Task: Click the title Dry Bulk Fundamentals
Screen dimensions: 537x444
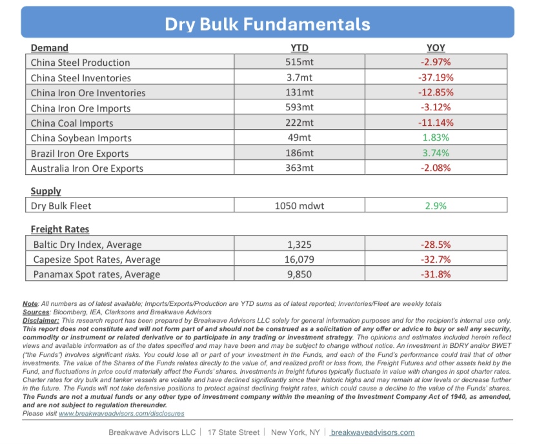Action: tap(267, 25)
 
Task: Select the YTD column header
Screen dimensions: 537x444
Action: tap(299, 48)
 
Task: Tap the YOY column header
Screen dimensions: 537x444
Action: tap(436, 48)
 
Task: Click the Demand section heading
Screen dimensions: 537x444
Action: tap(49, 48)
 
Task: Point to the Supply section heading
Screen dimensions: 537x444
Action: tap(46, 191)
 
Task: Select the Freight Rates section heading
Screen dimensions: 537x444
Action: tap(60, 229)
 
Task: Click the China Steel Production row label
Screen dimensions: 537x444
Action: tap(81, 63)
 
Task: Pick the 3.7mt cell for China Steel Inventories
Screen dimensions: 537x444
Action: tap(299, 77)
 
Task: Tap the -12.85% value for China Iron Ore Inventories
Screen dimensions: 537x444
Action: tap(436, 92)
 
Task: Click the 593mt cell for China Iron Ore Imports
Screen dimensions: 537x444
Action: tap(299, 108)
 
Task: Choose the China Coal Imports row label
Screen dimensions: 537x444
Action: tap(72, 123)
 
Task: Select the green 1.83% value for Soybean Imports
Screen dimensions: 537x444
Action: tap(436, 137)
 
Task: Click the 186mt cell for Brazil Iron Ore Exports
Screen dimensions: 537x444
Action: tap(299, 153)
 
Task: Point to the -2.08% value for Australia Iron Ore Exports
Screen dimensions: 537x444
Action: tap(436, 168)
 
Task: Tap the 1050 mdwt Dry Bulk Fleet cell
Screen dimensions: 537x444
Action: tap(299, 206)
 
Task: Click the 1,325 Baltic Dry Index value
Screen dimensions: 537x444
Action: tap(299, 245)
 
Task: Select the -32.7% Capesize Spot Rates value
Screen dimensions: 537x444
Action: tap(436, 259)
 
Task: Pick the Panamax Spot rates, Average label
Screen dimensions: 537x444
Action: tap(97, 274)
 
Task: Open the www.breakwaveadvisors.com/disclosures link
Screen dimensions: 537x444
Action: tap(121, 414)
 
